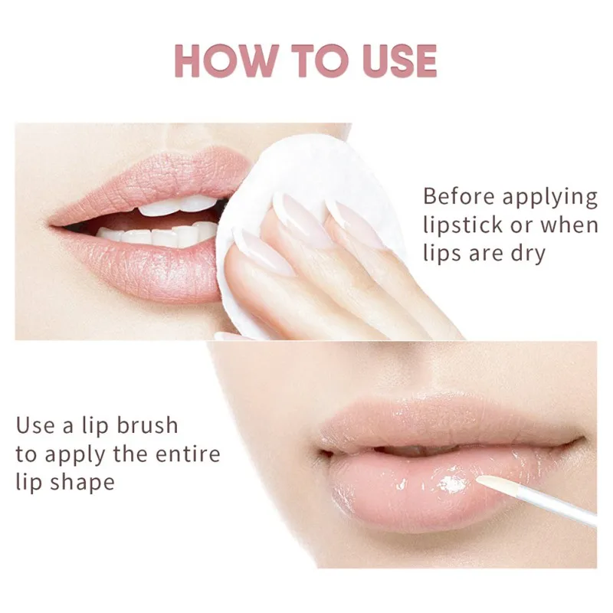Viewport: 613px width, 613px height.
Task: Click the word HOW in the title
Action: (227, 61)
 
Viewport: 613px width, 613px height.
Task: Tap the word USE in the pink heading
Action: (398, 61)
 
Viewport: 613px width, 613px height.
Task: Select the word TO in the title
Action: (320, 61)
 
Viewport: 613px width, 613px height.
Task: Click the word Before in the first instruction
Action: (458, 196)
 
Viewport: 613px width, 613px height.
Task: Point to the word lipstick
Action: (463, 225)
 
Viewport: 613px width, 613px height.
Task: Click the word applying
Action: (549, 198)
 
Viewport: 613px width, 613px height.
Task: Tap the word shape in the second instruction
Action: (82, 484)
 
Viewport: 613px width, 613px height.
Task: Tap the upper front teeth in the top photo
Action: (178, 206)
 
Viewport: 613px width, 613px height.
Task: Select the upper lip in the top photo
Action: (156, 180)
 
